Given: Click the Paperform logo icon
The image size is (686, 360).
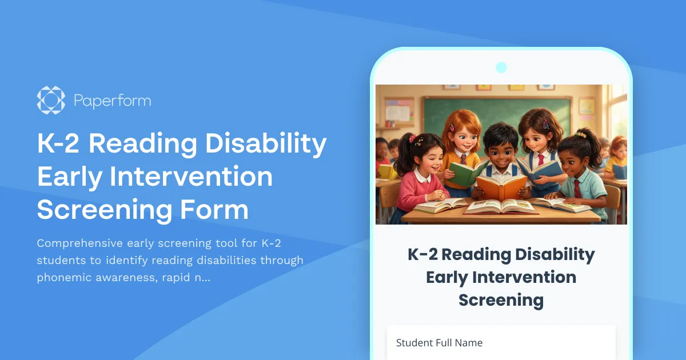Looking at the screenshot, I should tap(51, 101).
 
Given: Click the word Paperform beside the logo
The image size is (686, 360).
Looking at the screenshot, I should tap(112, 101).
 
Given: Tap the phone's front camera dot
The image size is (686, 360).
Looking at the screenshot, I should tap(501, 67).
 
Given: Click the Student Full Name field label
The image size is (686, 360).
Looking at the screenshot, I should tap(439, 343).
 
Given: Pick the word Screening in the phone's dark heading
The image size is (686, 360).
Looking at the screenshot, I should tap(501, 300).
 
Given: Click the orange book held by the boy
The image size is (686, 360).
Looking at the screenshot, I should tap(501, 187).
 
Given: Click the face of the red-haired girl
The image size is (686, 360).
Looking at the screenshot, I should tap(462, 141).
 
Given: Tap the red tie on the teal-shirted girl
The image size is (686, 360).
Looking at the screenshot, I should tap(577, 189).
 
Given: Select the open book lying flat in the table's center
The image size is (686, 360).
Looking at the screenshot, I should tap(501, 206).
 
